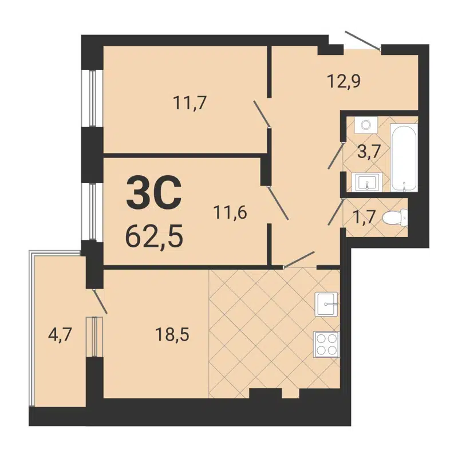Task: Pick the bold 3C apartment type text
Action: point(153,193)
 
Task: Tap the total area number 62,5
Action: point(154,235)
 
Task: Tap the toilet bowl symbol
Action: point(396,217)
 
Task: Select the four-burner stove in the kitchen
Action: point(326,344)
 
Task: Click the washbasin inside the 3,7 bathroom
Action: point(365,183)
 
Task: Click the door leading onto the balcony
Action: point(99,301)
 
